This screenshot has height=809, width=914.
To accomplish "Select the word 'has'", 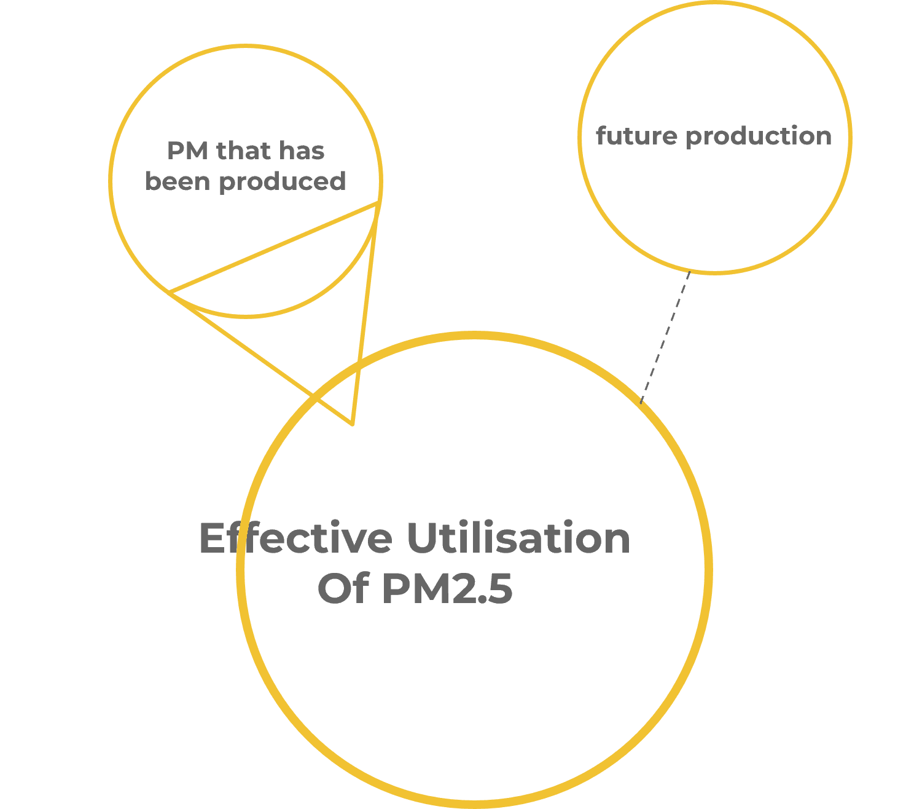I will pyautogui.click(x=302, y=151).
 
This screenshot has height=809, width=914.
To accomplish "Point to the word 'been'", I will pyautogui.click(x=177, y=181).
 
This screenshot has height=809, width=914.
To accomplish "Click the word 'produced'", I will pyautogui.click(x=282, y=182).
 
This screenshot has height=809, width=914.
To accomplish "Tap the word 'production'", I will pyautogui.click(x=759, y=136).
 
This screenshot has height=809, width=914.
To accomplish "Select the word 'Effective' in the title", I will pyautogui.click(x=295, y=539).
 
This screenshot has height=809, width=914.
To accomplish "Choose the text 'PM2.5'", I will pyautogui.click(x=447, y=588).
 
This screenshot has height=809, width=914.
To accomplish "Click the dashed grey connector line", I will pyautogui.click(x=665, y=336).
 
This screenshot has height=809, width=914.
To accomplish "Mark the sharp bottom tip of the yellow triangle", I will pyautogui.click(x=352, y=424).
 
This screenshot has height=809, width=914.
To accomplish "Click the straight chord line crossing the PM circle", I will pyautogui.click(x=273, y=247).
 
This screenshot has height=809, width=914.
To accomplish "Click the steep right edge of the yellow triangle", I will pyautogui.click(x=364, y=314).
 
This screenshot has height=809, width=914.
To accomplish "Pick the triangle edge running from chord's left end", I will pyautogui.click(x=258, y=357).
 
